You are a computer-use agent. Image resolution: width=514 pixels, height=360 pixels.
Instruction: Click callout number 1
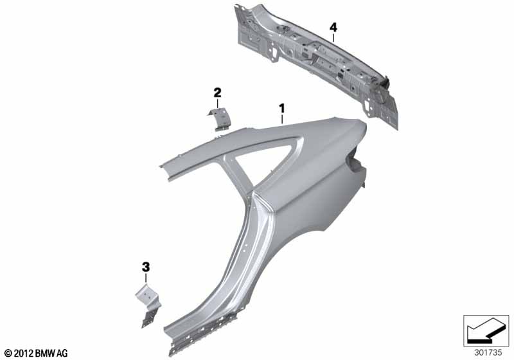point(281,108)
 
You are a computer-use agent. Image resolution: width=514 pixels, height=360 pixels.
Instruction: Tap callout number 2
point(217,93)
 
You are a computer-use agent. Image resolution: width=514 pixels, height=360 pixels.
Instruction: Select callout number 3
point(146,267)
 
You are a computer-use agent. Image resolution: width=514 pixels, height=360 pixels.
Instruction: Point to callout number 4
point(333,27)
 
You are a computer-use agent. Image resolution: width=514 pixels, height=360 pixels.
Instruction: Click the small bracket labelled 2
point(219,119)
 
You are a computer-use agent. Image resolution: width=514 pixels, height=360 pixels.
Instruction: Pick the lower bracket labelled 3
point(148,305)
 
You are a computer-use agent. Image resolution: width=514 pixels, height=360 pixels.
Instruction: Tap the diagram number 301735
point(488,353)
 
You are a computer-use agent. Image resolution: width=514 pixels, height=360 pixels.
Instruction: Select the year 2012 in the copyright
point(24,353)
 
